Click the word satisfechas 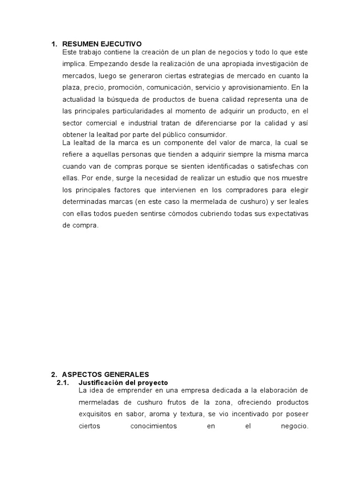point(269,166)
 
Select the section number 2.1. point(63,382)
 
